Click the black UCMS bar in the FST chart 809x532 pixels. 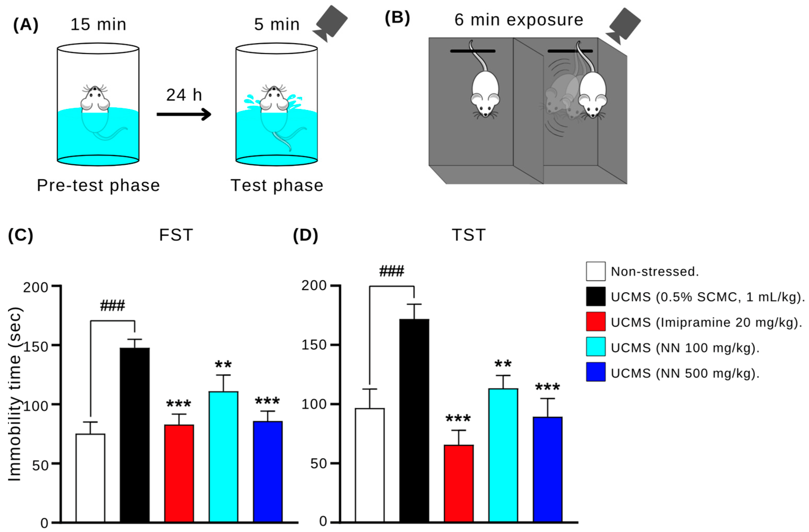[135, 435]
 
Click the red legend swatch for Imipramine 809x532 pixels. [595, 321]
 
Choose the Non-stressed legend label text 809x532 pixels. [655, 271]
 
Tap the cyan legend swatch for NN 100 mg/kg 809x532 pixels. [595, 346]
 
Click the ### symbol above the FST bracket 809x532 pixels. [113, 306]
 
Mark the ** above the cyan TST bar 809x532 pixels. [503, 364]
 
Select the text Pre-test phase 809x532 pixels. [98, 186]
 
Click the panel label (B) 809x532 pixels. [397, 18]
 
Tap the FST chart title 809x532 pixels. [176, 235]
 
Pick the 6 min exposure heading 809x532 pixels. [519, 20]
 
